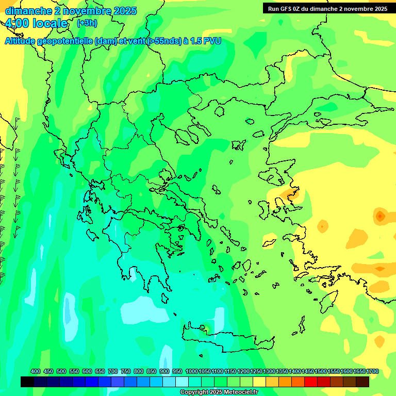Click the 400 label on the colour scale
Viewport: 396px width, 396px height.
click(36, 372)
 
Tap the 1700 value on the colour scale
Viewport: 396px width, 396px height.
click(372, 372)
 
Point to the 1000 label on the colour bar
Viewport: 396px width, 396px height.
click(192, 372)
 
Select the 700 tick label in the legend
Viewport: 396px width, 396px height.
click(113, 372)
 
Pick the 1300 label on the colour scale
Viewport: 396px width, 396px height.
click(269, 372)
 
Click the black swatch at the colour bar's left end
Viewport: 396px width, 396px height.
click(27, 382)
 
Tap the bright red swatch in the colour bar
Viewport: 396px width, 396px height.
click(311, 382)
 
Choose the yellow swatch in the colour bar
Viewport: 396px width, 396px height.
click(259, 382)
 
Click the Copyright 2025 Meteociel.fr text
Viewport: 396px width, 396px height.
click(219, 392)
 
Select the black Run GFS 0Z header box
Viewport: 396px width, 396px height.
click(327, 9)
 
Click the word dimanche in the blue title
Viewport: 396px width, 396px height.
click(28, 11)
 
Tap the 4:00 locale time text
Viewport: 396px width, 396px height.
click(36, 24)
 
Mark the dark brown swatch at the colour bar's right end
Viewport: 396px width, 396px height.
click(362, 382)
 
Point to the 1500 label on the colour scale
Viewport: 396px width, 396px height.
click(321, 372)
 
